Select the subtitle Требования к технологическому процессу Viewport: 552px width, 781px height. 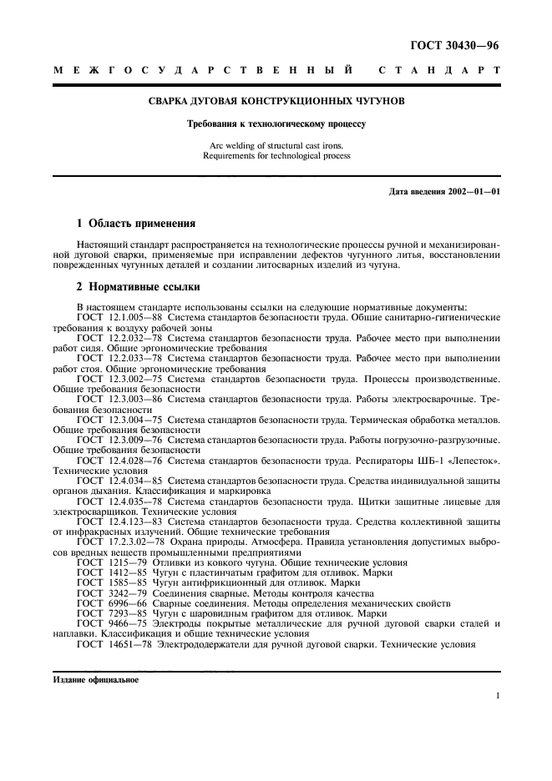(x=276, y=124)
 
